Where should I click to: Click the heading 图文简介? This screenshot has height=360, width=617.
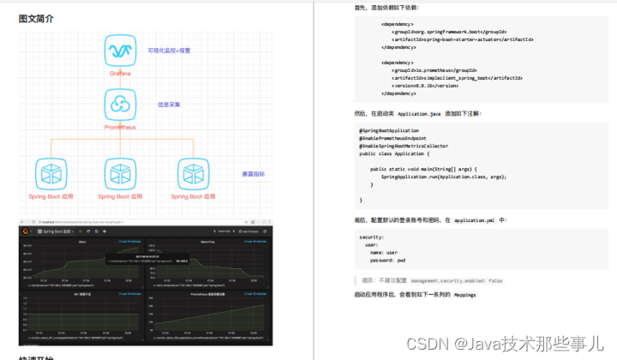[x=36, y=18]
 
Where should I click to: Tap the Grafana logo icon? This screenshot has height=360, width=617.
[x=120, y=51]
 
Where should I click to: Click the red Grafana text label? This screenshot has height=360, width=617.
[x=120, y=73]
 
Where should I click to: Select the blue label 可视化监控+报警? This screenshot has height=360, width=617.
[x=169, y=51]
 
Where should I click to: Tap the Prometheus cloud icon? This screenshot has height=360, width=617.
[x=120, y=105]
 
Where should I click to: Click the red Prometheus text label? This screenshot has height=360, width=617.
[x=120, y=127]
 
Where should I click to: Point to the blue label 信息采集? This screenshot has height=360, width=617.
[x=169, y=105]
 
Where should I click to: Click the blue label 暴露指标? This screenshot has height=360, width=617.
[x=253, y=174]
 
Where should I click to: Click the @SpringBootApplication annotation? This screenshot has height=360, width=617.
[x=389, y=130]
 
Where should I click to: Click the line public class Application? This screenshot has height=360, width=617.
[x=391, y=153]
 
